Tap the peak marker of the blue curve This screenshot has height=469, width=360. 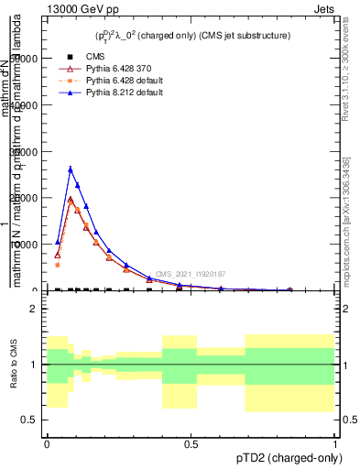click(x=71, y=169)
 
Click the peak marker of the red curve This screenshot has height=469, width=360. click(x=71, y=200)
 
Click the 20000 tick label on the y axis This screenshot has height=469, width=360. click(x=29, y=198)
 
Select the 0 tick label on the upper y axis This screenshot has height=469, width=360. click(x=38, y=290)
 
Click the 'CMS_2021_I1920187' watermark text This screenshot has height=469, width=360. click(x=190, y=274)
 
